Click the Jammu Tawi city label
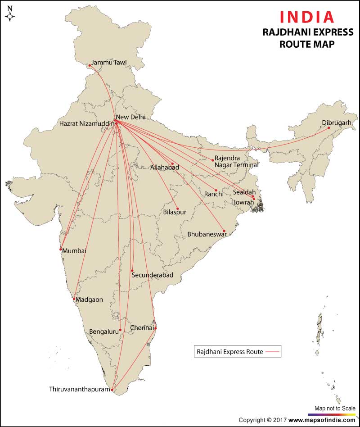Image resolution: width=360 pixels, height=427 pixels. click(109, 63)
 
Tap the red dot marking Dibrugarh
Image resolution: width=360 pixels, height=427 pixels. click(328, 128)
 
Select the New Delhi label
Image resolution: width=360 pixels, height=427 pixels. click(131, 117)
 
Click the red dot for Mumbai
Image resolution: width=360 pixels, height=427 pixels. click(61, 250)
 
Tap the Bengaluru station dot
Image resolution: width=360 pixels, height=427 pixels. click(120, 330)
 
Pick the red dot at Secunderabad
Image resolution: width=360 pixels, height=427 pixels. click(132, 271)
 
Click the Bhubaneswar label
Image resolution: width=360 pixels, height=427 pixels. click(207, 235)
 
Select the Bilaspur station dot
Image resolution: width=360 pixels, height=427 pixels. click(177, 209)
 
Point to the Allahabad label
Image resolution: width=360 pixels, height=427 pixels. click(165, 168)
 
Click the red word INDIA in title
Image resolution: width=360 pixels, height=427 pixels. click(307, 17)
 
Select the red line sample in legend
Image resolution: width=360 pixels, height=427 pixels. click(273, 351)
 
